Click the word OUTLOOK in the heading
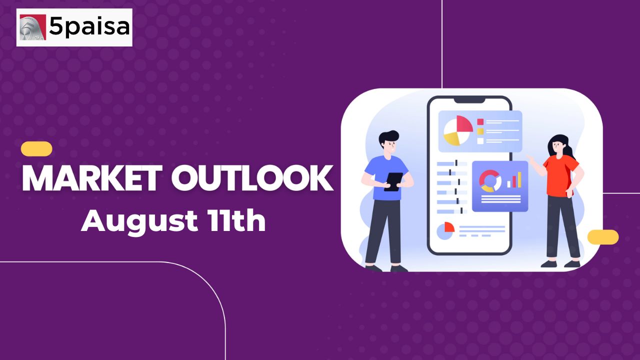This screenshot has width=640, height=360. tap(252, 178)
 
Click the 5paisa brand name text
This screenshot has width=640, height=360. tap(89, 26)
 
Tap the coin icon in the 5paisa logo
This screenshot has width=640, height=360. tap(33, 27)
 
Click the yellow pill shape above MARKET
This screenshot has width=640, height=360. tap(36, 149)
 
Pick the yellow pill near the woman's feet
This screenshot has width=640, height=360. tap(603, 237)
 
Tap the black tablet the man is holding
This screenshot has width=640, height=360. tap(393, 181)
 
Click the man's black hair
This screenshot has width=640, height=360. tap(388, 137)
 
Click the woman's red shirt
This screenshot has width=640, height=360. tap(560, 176)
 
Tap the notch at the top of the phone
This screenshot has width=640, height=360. tap(469, 99)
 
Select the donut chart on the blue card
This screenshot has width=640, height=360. tap(490, 181)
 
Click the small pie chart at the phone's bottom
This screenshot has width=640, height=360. tap(445, 230)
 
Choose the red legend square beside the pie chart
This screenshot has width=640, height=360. tap(480, 122)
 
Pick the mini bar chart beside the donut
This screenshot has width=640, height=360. tap(514, 180)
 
